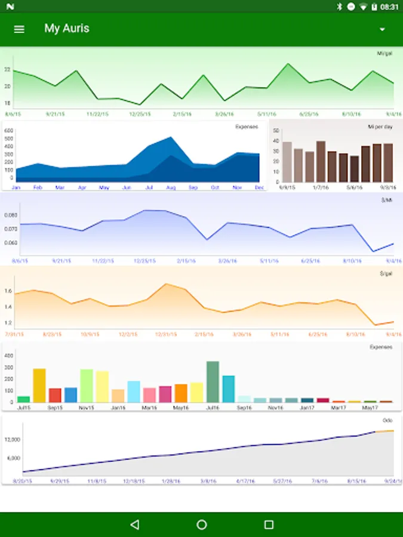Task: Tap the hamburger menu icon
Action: pos(19,29)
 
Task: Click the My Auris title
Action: pos(67,29)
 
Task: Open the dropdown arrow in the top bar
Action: pos(382,29)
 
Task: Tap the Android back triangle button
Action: pos(134,524)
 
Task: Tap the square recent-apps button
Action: pos(269,524)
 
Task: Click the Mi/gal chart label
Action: pos(384,54)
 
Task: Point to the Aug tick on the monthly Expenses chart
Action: pos(171,187)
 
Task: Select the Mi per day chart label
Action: pos(380,127)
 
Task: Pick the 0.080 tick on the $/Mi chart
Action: pos(11,215)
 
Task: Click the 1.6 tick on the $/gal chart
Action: pos(8,291)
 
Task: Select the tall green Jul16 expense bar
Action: pos(213,382)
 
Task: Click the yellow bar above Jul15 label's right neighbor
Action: pos(39,385)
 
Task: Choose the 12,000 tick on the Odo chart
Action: pos(13,440)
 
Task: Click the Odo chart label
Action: pos(387,421)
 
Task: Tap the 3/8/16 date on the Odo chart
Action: pos(208,480)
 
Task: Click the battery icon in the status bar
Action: pos(374,7)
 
